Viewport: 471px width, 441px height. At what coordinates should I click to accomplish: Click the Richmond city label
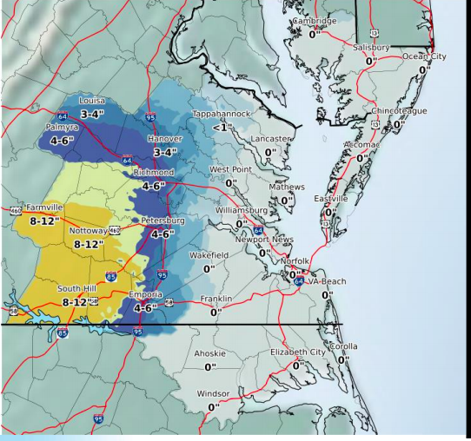(153, 173)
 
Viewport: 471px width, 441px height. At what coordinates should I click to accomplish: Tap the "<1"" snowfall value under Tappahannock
(222, 128)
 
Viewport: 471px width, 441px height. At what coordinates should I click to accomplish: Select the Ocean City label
(423, 56)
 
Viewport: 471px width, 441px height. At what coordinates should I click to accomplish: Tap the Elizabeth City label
(297, 352)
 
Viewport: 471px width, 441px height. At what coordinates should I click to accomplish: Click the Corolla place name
(343, 346)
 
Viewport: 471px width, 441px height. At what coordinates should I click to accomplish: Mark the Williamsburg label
(241, 210)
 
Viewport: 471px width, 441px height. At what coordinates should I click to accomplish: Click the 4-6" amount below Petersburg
(163, 234)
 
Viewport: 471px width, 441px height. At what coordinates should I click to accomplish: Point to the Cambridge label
(314, 21)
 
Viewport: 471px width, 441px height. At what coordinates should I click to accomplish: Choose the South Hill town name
(77, 288)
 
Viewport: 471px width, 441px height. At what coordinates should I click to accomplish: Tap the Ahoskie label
(209, 353)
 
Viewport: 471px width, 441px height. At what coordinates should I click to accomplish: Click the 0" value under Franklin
(216, 312)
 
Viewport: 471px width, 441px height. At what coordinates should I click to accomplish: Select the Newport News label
(264, 240)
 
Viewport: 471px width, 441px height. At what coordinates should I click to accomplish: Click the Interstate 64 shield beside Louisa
(62, 115)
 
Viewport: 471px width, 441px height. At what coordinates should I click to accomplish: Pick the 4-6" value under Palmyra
(63, 140)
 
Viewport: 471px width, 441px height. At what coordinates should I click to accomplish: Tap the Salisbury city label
(372, 47)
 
